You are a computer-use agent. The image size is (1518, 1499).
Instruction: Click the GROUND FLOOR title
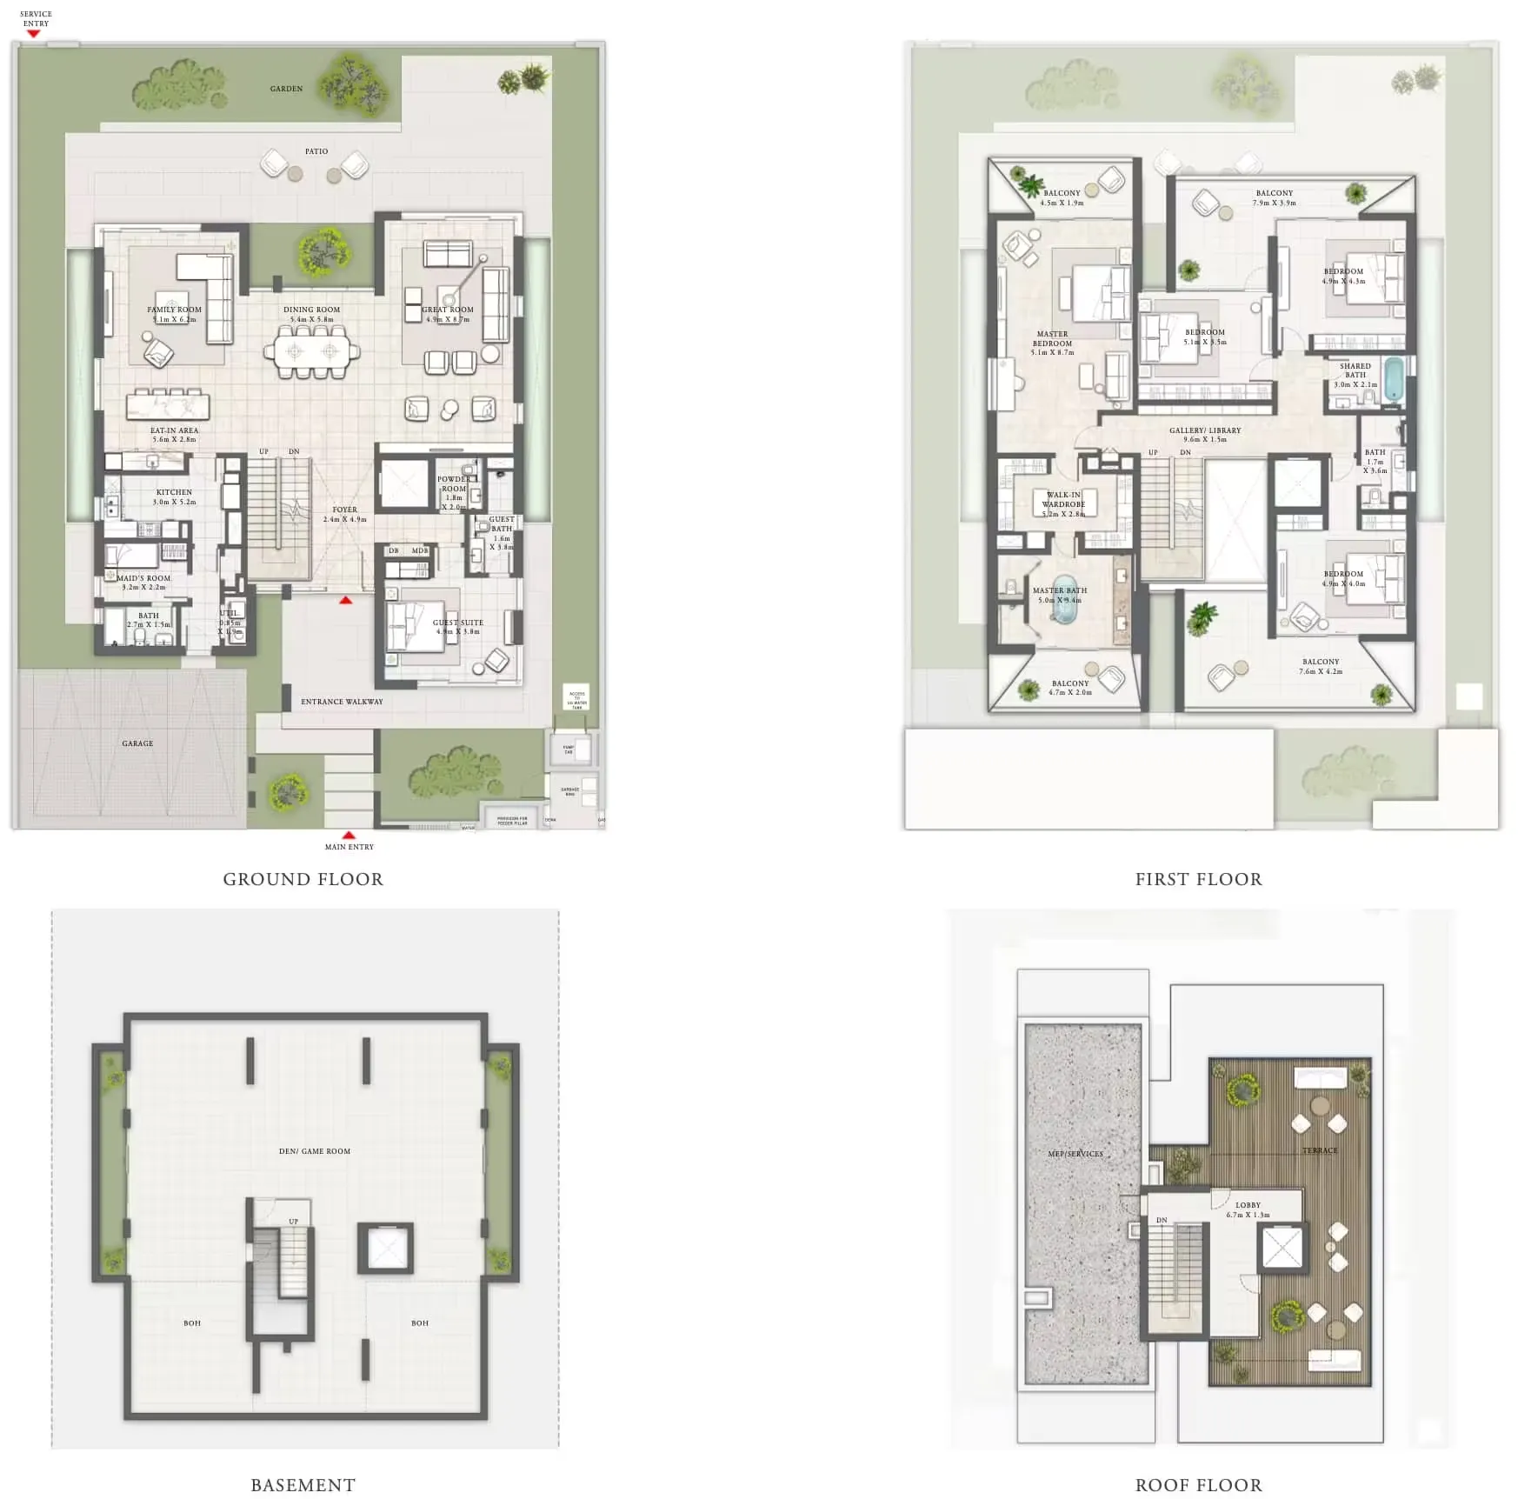pyautogui.click(x=303, y=879)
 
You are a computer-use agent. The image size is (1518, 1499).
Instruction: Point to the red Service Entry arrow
pyautogui.click(x=34, y=34)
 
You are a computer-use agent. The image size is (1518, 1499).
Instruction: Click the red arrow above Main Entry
pyautogui.click(x=349, y=835)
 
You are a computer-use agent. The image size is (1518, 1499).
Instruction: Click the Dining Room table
pyautogui.click(x=311, y=351)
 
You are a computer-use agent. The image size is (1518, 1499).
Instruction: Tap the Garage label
pyautogui.click(x=137, y=743)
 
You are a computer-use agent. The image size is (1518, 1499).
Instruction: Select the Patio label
pyautogui.click(x=316, y=151)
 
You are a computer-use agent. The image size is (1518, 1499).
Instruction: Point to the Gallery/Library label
pyautogui.click(x=1205, y=430)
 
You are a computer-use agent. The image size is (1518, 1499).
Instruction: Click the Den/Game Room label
pyautogui.click(x=315, y=1151)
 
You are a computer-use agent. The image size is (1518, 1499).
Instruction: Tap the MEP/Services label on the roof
pyautogui.click(x=1075, y=1154)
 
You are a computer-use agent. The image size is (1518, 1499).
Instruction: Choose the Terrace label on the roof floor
pyautogui.click(x=1320, y=1150)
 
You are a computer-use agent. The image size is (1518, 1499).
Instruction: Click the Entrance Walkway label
pyautogui.click(x=342, y=702)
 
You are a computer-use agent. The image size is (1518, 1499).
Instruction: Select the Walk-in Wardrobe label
pyautogui.click(x=1063, y=499)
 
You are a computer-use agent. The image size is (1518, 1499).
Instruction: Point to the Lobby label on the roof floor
pyautogui.click(x=1248, y=1205)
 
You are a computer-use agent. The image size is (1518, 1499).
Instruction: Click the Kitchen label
pyautogui.click(x=174, y=492)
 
